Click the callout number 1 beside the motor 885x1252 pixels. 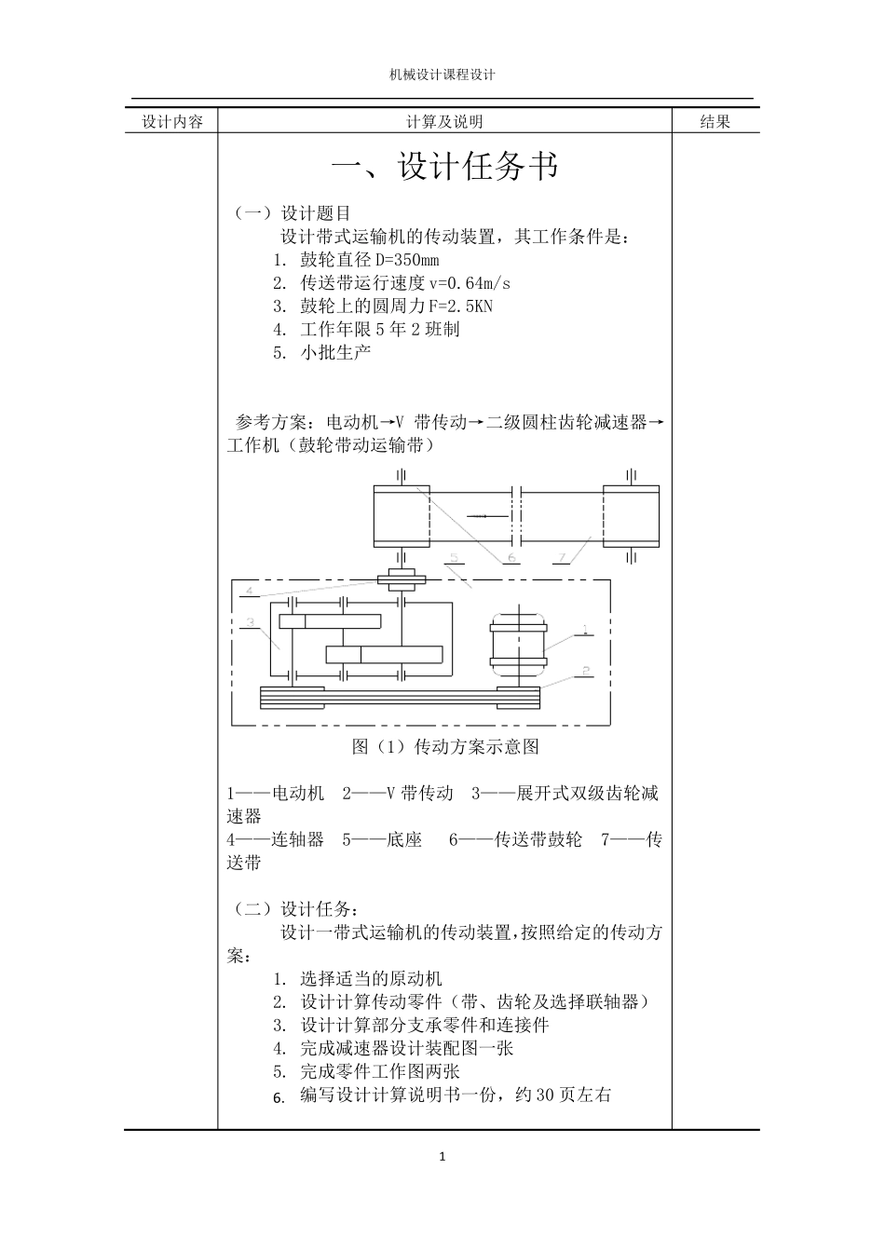[584, 629]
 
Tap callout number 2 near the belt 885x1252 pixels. [584, 670]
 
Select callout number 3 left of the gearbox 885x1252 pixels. [249, 622]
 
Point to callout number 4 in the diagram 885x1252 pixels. [249, 590]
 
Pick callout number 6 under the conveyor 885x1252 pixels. [511, 557]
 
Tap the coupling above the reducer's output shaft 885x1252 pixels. [402, 578]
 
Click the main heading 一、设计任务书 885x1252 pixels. [445, 168]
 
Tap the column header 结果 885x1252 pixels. [715, 121]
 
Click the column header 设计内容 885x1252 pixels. [172, 122]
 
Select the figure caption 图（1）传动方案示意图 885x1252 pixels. [445, 746]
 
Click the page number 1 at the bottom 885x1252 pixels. [442, 1157]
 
